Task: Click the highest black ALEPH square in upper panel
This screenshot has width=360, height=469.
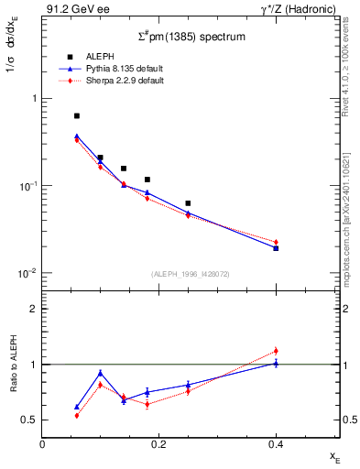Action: (x=77, y=116)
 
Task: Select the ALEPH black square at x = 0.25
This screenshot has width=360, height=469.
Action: (x=188, y=203)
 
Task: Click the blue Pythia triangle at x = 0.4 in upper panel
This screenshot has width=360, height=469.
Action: (x=276, y=248)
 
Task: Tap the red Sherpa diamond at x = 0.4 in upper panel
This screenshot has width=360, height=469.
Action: (x=276, y=242)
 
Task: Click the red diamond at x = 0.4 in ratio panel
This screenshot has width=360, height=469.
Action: (x=276, y=351)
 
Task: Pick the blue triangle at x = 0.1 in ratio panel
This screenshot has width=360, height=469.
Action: (x=101, y=373)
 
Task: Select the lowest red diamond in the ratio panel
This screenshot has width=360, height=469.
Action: (x=77, y=415)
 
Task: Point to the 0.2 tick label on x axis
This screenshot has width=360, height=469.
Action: (x=158, y=444)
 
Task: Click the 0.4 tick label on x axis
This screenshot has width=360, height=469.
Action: (x=275, y=444)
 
